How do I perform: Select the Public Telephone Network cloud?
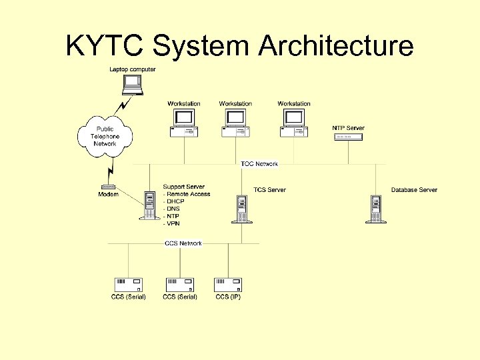105,137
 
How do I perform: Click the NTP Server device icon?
347,137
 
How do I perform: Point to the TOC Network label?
259,164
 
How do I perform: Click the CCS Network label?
183,243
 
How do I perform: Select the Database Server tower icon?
376,208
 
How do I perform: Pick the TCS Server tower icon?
241,209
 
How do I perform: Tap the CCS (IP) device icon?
228,285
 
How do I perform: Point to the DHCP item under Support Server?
175,201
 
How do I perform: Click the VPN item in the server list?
173,223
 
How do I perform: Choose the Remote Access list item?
188,194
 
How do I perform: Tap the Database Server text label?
414,190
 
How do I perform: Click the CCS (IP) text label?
228,297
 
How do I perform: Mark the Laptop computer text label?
133,69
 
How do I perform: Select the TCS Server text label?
269,190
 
